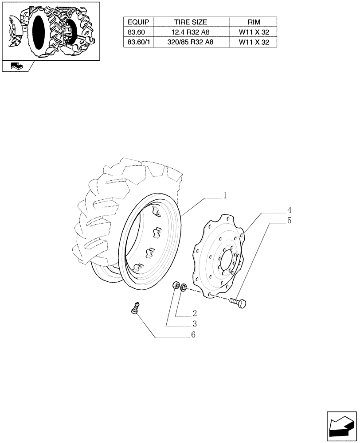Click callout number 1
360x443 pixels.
tap(225, 195)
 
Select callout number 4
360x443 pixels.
tap(289, 210)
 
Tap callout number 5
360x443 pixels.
tap(289, 220)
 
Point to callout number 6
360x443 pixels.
tap(193, 335)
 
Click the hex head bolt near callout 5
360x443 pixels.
tap(240, 304)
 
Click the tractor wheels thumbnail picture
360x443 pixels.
tap(50, 31)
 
